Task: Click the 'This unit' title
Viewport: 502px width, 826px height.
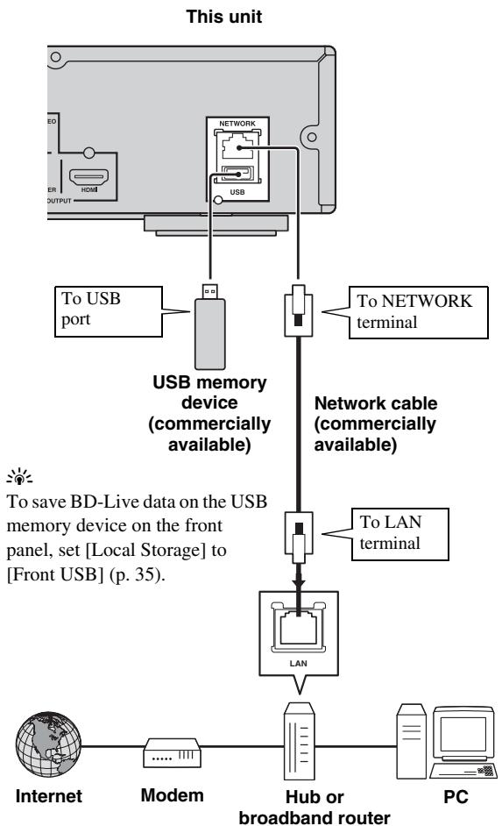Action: [x=223, y=17]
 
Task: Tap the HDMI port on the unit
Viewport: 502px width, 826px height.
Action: [x=89, y=176]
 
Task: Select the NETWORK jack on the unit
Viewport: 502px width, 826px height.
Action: [x=237, y=145]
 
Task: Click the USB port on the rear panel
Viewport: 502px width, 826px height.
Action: [x=237, y=174]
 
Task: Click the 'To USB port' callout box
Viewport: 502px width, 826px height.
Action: [x=109, y=311]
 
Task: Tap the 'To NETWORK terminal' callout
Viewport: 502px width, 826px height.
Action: [x=419, y=312]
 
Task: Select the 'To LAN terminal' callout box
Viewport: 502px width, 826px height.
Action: [x=399, y=534]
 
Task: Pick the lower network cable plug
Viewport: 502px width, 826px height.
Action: [x=299, y=538]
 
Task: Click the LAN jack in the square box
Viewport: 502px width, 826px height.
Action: [x=299, y=627]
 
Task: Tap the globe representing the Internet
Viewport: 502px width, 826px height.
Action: [x=48, y=744]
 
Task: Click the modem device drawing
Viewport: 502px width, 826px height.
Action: [x=172, y=752]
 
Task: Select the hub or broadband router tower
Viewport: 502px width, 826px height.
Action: [x=300, y=741]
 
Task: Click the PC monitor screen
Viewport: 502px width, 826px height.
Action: [x=463, y=734]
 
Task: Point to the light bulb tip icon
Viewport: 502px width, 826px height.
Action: [x=19, y=476]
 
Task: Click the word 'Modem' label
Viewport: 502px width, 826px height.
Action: [x=172, y=795]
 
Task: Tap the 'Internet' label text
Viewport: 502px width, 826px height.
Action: [x=49, y=795]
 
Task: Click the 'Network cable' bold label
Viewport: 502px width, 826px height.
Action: [x=376, y=403]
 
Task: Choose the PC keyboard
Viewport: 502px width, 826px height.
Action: [x=463, y=771]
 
